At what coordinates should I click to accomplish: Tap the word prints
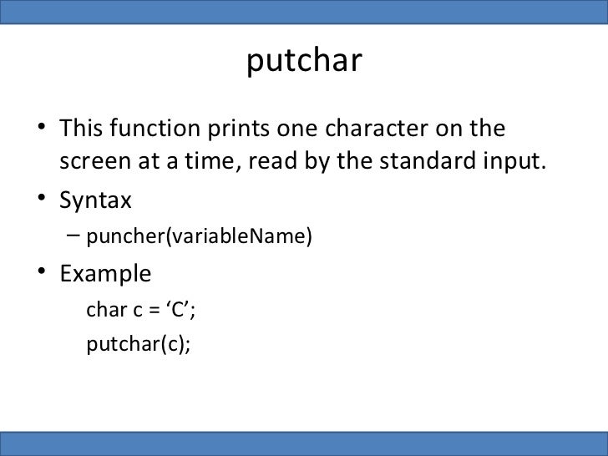point(232,132)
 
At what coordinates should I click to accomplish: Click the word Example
point(105,274)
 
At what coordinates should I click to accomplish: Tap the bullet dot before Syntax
point(42,202)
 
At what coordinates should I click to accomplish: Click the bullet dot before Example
point(42,275)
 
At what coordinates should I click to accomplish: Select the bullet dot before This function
point(42,133)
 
